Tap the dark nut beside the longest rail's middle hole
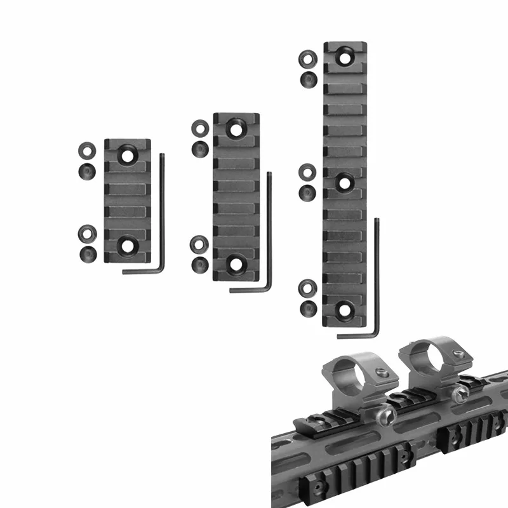307,191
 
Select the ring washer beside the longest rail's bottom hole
307,288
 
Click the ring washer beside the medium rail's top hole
199,126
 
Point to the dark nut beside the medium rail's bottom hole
199,265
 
